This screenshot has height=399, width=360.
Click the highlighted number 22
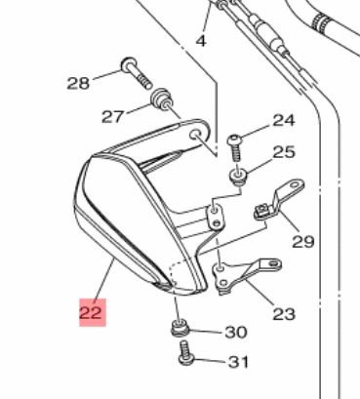(93, 312)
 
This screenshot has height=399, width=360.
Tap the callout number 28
(78, 83)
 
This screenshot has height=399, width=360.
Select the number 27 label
(113, 116)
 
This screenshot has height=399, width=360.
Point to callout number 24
(284, 120)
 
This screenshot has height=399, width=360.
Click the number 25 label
(284, 152)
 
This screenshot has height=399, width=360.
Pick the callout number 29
(303, 241)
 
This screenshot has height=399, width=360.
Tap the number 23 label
(284, 314)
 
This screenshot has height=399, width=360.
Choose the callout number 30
(236, 332)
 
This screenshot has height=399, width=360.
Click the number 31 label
(238, 362)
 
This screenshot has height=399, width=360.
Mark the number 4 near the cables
(201, 41)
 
